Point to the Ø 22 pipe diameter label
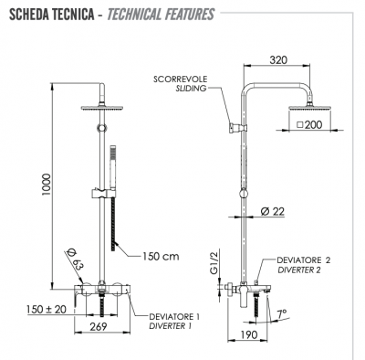pyautogui.click(x=271, y=211)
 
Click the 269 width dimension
pyautogui.click(x=100, y=327)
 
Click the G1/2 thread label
pyautogui.click(x=214, y=263)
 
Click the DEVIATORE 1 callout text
pyautogui.click(x=175, y=315)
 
